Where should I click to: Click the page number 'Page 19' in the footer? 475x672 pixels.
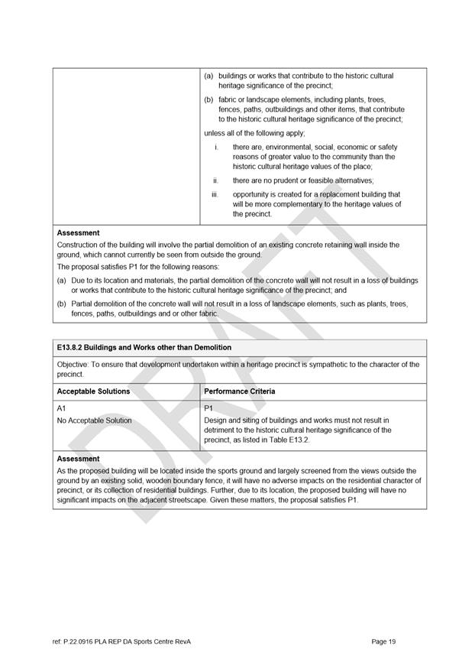[x=383, y=641]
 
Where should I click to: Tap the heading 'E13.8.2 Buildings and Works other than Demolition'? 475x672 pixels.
[x=144, y=348]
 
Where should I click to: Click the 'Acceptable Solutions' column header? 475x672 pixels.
[x=93, y=391]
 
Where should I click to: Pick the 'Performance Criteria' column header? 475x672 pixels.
[x=240, y=391]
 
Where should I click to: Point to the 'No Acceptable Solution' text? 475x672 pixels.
[x=94, y=420]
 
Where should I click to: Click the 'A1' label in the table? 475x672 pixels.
[x=62, y=409]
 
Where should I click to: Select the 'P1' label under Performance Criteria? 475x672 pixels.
[x=208, y=409]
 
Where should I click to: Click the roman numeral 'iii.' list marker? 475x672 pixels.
[x=216, y=195]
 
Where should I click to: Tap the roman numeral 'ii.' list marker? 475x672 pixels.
[x=216, y=180]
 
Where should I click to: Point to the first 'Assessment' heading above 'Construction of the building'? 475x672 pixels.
[x=78, y=233]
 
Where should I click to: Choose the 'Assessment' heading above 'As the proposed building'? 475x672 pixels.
[x=78, y=459]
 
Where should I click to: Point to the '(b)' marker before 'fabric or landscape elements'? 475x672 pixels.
[x=208, y=100]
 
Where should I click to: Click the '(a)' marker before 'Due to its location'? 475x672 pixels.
[x=62, y=281]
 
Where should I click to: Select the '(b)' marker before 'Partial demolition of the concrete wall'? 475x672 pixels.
[x=62, y=304]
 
